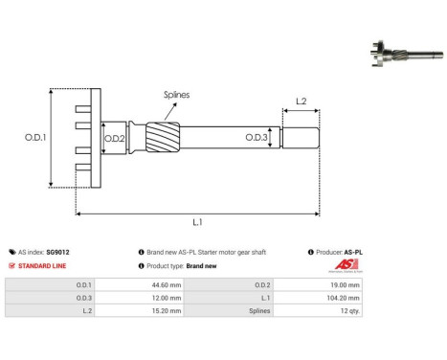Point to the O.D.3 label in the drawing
(x=255, y=138)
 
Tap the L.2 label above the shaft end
(x=300, y=101)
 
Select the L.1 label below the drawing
(x=197, y=221)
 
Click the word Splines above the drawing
(x=176, y=95)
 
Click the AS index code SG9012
(x=58, y=252)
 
